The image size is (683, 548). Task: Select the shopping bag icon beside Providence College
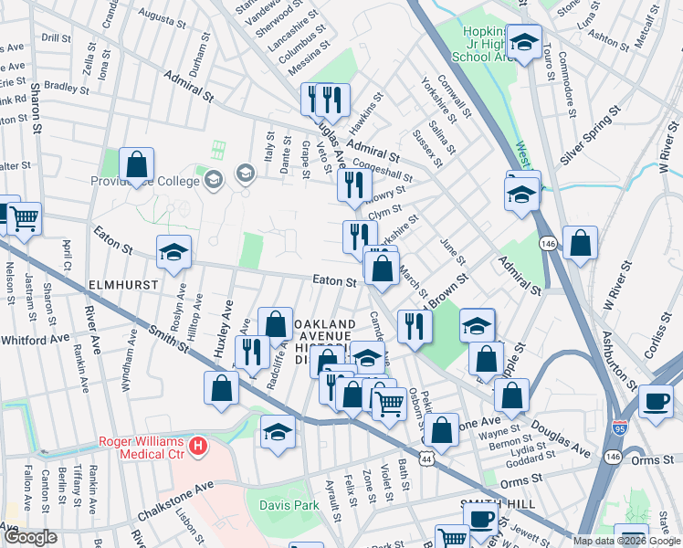click(136, 165)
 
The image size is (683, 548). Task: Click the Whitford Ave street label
click(35, 338)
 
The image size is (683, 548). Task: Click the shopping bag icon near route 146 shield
click(580, 243)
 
